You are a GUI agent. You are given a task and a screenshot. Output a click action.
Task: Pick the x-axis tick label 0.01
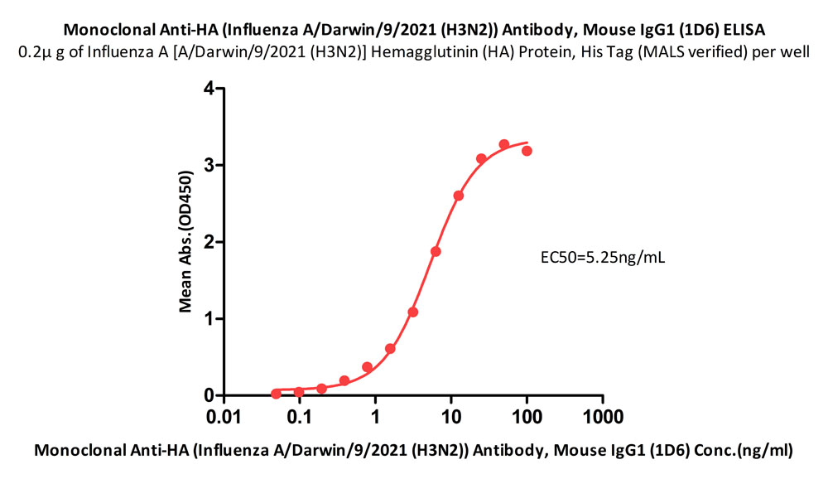[x=224, y=414]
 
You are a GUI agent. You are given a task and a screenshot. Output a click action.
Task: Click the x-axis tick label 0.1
[x=300, y=414]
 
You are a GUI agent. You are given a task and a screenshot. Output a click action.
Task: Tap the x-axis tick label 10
[x=451, y=414]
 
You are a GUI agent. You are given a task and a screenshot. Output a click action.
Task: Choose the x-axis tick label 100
[x=527, y=414]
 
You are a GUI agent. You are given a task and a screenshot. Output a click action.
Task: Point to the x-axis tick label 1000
[x=602, y=414]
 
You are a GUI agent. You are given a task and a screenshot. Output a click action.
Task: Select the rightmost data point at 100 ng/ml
[x=527, y=151]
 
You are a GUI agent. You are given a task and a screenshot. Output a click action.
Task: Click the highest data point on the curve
[x=504, y=145]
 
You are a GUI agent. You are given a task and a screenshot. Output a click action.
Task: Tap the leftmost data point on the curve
[x=277, y=394]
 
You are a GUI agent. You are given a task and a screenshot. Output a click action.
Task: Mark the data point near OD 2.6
[x=459, y=196]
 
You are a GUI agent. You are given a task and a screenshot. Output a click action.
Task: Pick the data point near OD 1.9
[x=436, y=251]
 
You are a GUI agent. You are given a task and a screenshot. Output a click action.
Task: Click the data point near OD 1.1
[x=413, y=312]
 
